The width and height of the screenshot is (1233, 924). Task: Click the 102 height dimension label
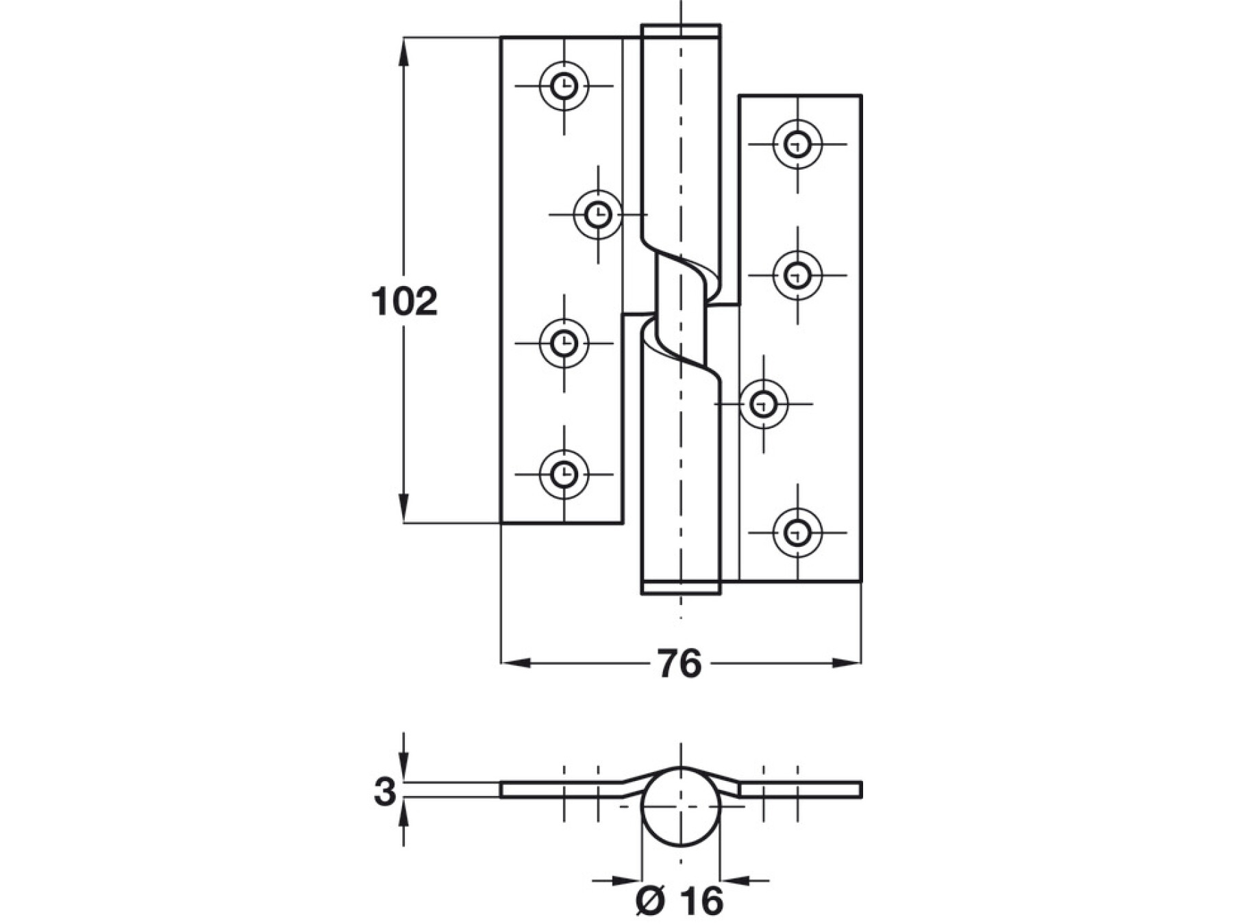coord(404,302)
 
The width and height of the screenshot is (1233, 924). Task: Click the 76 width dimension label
coord(680,663)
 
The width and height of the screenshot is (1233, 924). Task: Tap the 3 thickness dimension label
coord(385,792)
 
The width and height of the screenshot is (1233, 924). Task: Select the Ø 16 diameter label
coord(680,901)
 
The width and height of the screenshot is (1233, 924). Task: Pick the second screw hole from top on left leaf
coord(598,214)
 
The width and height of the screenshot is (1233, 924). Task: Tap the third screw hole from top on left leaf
coord(564,342)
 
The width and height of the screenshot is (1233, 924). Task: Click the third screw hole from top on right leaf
coord(764,404)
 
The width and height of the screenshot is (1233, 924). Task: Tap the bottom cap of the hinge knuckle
coord(680,587)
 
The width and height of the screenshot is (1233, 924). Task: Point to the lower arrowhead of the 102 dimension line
coord(404,512)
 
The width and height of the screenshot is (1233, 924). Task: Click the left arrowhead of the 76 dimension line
coord(514,663)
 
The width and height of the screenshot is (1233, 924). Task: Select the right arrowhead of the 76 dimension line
coord(848,663)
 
